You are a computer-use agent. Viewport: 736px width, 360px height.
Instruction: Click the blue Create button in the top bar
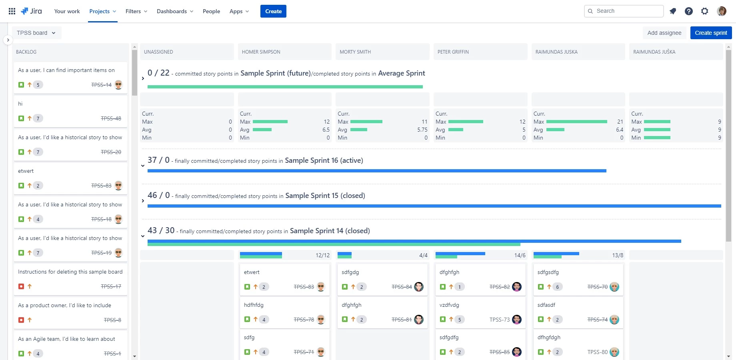coord(273,11)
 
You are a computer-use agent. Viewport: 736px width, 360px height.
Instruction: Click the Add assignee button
coord(664,33)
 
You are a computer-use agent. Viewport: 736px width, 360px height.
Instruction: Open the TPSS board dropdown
coord(36,33)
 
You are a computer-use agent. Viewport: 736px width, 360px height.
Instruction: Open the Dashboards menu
coord(175,11)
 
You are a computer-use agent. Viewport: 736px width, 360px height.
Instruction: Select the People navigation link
coord(211,11)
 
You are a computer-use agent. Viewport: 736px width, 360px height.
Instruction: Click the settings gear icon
coord(705,11)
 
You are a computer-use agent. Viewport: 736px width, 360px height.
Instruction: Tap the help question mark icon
coord(689,11)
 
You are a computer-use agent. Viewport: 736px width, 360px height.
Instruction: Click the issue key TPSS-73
coord(500,320)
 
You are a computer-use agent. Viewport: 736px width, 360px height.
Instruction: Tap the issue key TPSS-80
coord(598,352)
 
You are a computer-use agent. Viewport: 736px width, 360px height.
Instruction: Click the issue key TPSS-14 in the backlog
coord(101,85)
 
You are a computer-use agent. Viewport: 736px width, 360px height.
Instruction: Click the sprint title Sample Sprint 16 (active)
coord(324,160)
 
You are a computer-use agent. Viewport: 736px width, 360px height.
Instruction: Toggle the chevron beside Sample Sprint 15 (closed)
coord(143,201)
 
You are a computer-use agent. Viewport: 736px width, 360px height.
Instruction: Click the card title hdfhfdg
coord(254,305)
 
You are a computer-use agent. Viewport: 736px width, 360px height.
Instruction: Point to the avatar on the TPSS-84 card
coord(419,287)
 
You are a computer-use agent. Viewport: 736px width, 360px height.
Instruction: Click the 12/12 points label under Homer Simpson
coord(322,255)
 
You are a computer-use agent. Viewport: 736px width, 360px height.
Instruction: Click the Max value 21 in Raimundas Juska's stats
coord(620,122)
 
